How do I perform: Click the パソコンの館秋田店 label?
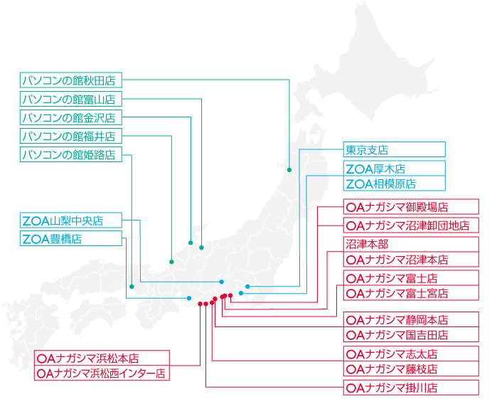pyautogui.click(x=71, y=79)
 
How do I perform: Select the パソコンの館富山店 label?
pyautogui.click(x=71, y=98)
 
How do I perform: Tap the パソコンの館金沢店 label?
pyautogui.click(x=71, y=117)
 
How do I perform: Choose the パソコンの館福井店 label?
pyautogui.click(x=71, y=136)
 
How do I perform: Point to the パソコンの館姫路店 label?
pyautogui.click(x=71, y=154)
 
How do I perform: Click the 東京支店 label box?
pyautogui.click(x=394, y=149)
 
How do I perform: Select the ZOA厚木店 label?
pyautogui.click(x=394, y=169)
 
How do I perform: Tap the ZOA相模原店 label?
pyautogui.click(x=394, y=184)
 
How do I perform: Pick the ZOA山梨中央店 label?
pyautogui.click(x=71, y=220)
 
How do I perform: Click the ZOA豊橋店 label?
pyautogui.click(x=71, y=239)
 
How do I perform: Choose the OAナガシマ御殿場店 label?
pyautogui.click(x=410, y=207)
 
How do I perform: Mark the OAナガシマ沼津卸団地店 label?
pyautogui.click(x=410, y=225)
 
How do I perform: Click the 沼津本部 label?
pyautogui.click(x=410, y=244)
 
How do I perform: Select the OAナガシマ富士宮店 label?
pyautogui.click(x=410, y=293)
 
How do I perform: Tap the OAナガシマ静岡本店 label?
pyautogui.click(x=410, y=319)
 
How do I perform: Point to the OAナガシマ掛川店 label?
pyautogui.click(x=410, y=388)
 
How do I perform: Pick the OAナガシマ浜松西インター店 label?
pyautogui.click(x=102, y=373)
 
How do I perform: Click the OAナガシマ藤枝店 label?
pyautogui.click(x=410, y=369)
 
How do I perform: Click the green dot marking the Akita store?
pyautogui.click(x=289, y=170)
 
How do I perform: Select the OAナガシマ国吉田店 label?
pyautogui.click(x=410, y=335)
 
